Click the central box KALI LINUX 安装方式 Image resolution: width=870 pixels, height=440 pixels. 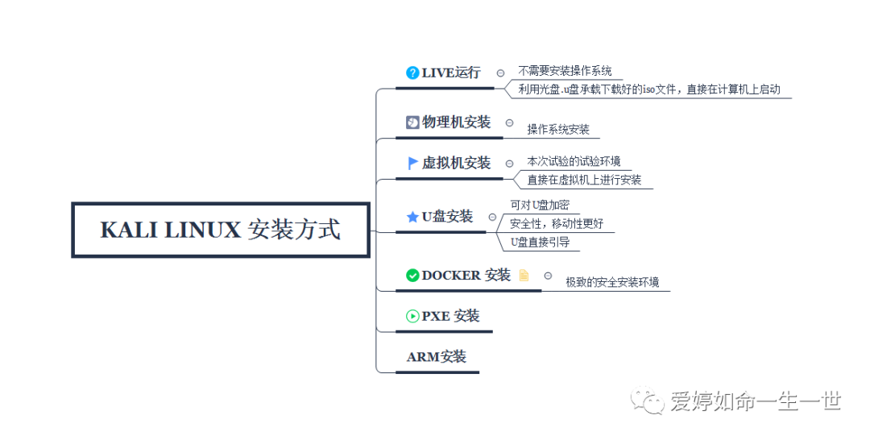(221, 230)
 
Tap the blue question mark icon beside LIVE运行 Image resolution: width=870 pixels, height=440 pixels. (412, 73)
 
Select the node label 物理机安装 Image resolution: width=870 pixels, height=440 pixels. (456, 122)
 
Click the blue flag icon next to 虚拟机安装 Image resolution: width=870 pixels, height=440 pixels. (413, 163)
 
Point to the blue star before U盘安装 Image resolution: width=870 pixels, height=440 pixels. (412, 217)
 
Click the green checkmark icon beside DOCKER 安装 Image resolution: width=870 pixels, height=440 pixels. (412, 275)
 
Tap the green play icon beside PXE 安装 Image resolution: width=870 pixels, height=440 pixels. (412, 316)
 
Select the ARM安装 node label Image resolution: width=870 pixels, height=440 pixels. (437, 356)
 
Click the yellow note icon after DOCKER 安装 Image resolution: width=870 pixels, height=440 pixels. (524, 275)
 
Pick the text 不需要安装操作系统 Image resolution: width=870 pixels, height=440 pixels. (565, 71)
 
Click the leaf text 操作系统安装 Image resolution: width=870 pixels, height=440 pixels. (558, 129)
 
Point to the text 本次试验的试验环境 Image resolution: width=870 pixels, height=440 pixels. (574, 162)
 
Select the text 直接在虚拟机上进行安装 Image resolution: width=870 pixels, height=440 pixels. (584, 181)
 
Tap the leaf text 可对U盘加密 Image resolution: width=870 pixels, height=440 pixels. (540, 205)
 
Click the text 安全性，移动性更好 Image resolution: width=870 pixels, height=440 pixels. (557, 223)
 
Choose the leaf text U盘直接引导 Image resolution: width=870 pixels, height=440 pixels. (540, 242)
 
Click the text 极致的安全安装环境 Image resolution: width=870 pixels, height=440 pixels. (612, 282)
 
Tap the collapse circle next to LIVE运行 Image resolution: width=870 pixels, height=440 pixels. (500, 73)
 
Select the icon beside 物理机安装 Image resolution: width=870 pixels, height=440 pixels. (412, 122)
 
